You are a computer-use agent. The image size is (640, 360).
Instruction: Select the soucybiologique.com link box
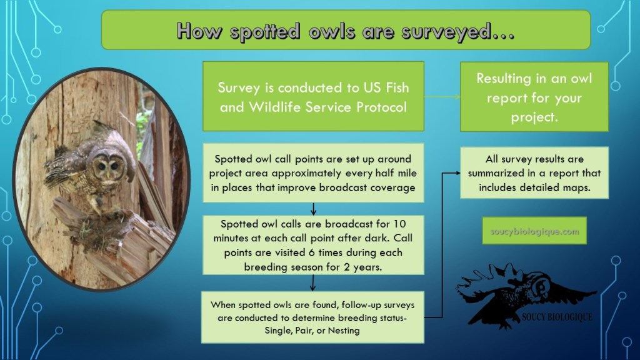click(534, 231)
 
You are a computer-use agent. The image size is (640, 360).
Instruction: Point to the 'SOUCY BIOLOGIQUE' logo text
click(557, 317)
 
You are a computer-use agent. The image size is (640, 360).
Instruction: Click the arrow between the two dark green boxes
click(442, 97)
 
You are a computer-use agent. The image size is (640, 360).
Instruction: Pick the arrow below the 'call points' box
click(313, 209)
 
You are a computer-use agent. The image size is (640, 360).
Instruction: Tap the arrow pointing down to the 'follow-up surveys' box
click(312, 282)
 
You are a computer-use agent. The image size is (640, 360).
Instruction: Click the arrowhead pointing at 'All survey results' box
click(457, 173)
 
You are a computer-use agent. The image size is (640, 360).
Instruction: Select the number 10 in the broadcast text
click(399, 224)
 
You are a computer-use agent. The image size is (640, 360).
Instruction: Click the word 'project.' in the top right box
click(534, 117)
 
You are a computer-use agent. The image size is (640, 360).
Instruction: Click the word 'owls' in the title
click(331, 32)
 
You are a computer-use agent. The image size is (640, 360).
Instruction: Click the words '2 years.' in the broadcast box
click(363, 267)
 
